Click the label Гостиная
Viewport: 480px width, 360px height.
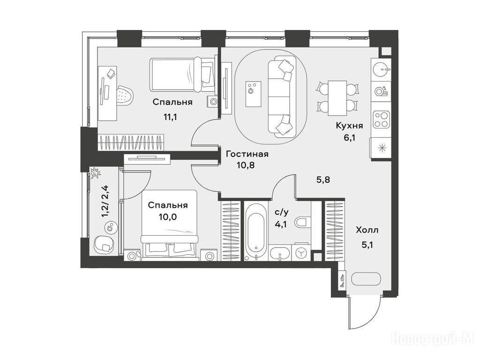[247, 154]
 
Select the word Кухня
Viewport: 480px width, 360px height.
[349, 126]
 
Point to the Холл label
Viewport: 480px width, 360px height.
[367, 230]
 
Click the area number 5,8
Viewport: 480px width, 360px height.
[323, 180]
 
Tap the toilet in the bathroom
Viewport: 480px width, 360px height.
[303, 222]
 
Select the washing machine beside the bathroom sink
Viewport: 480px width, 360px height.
[301, 252]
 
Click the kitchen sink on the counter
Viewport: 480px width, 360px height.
[381, 69]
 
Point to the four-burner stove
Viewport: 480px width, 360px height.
[381, 120]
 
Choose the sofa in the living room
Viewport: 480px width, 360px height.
[282, 97]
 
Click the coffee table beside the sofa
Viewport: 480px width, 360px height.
[253, 94]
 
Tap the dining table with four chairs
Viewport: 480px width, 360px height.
[337, 98]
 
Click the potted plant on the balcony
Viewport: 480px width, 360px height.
[95, 173]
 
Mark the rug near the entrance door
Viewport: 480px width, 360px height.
[366, 279]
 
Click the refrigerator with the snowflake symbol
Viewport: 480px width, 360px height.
[381, 148]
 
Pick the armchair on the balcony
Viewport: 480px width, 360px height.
[104, 245]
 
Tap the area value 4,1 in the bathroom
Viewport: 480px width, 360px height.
[281, 225]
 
